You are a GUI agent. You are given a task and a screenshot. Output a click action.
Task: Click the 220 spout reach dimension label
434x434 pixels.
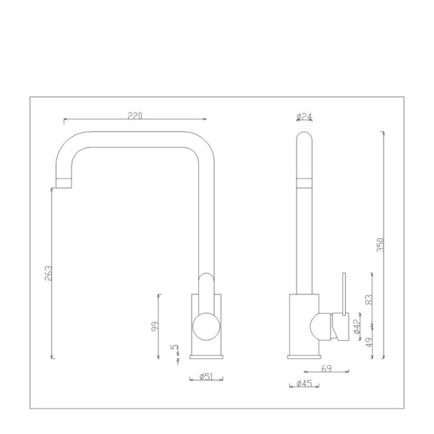tap(135, 116)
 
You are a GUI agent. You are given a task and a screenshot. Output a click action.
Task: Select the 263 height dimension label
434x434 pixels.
tap(48, 273)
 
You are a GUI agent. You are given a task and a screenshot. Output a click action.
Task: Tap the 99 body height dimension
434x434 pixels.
tap(155, 326)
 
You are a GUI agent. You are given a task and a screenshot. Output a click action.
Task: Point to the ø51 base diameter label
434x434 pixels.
tap(206, 376)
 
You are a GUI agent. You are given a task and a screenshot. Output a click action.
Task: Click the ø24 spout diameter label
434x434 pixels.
tap(305, 116)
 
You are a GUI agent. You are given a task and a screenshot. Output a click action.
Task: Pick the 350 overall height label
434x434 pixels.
tap(380, 244)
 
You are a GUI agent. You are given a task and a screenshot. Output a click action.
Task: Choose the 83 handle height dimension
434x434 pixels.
tap(369, 299)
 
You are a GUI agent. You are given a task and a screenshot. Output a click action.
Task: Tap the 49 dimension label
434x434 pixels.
tap(369, 342)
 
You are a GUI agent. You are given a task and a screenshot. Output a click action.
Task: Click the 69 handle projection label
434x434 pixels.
tap(326, 368)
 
